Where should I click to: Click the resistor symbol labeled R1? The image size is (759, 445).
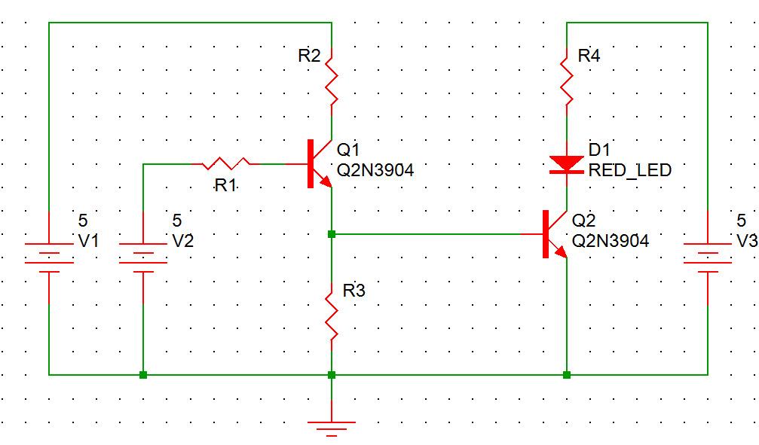click(x=226, y=163)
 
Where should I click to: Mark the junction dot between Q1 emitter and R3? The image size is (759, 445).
click(x=332, y=234)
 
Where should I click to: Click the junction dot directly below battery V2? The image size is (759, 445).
click(x=143, y=374)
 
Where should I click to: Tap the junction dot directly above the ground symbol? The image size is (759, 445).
click(x=332, y=374)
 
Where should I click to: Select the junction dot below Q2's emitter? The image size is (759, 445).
click(x=566, y=374)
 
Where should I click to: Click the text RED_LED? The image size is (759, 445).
click(x=629, y=170)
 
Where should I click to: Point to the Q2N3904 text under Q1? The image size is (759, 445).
click(x=375, y=171)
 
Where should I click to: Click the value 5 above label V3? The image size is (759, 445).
click(x=742, y=221)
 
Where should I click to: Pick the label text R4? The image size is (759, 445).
click(x=589, y=55)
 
